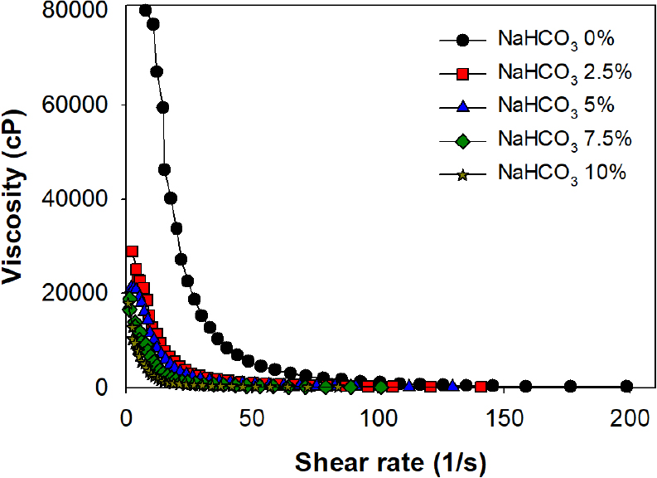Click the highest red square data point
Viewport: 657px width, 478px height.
132,251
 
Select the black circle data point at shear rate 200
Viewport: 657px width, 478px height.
626,386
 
